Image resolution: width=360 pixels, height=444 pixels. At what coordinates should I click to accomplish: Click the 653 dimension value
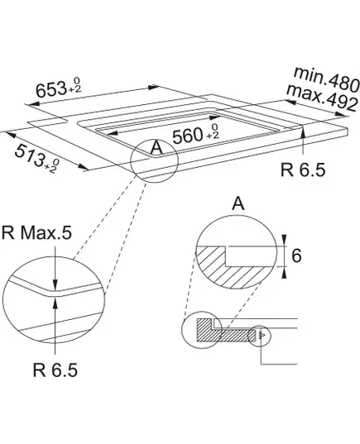tap(51, 89)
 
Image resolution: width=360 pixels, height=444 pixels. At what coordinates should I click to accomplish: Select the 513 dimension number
tap(29, 155)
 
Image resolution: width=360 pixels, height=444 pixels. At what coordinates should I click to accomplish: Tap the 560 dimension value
tap(188, 136)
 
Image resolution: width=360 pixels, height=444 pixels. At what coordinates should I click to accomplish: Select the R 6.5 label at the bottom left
tap(55, 370)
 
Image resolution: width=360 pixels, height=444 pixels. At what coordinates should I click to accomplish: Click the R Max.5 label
tap(37, 233)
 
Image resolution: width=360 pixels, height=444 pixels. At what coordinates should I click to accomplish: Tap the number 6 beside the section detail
tap(296, 255)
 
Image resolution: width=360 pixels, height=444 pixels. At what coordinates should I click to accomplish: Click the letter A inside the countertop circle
tap(156, 147)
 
